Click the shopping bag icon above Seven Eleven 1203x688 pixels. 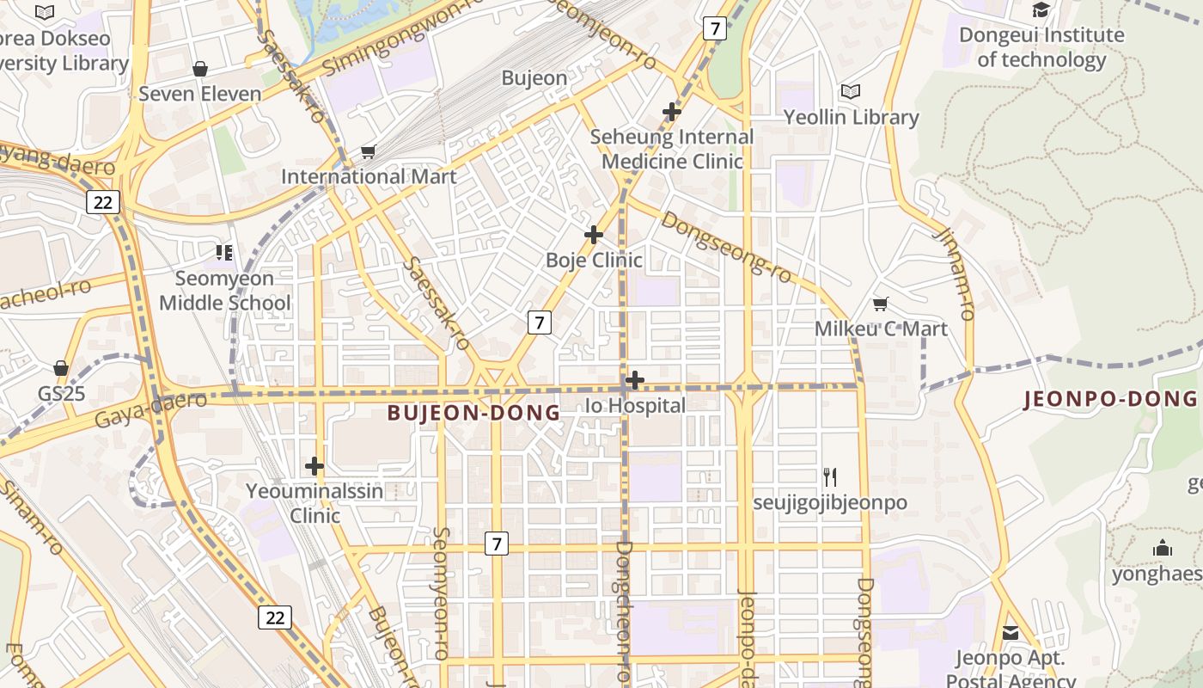[x=200, y=68]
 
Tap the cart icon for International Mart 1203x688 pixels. [x=368, y=152]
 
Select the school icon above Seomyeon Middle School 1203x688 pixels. [x=224, y=253]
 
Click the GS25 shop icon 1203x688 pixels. [x=61, y=368]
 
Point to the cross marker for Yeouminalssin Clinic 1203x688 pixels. [x=314, y=466]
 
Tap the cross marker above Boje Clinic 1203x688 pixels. [x=593, y=235]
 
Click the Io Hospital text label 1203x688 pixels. [x=635, y=405]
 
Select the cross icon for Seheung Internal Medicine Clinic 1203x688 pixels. [x=672, y=112]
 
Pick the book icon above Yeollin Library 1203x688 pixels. [x=851, y=92]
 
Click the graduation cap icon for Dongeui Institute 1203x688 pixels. [x=1041, y=10]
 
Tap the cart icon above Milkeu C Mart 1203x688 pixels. [x=881, y=304]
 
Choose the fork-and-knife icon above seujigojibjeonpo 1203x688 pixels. [x=830, y=477]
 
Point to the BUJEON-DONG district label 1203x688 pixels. [x=473, y=413]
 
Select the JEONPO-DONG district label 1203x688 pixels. [x=1110, y=398]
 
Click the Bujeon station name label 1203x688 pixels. [x=534, y=78]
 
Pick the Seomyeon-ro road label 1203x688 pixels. [x=441, y=593]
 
